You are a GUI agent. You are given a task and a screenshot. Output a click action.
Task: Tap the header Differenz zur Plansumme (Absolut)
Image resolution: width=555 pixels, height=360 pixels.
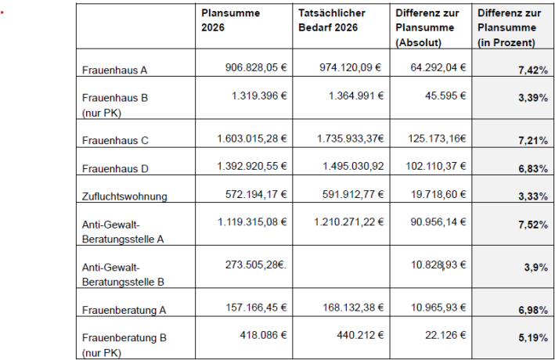click(427, 27)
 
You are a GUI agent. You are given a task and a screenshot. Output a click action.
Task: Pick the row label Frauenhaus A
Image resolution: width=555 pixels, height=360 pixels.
click(115, 69)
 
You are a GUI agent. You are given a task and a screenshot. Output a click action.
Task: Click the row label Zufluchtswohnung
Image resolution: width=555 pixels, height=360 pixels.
click(124, 196)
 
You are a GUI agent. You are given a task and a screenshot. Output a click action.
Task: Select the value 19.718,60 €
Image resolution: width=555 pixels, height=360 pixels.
click(436, 195)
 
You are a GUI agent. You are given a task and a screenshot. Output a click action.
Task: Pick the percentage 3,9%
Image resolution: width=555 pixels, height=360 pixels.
click(535, 267)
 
